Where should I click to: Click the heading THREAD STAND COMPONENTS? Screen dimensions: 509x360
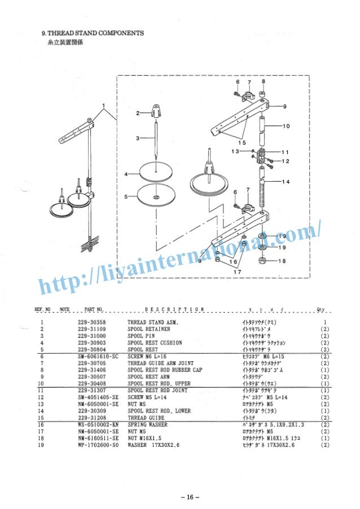click(x=93, y=33)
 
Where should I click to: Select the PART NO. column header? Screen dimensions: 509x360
click(x=94, y=309)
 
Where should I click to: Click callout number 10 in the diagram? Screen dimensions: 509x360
click(x=286, y=125)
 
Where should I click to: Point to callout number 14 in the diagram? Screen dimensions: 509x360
click(x=286, y=182)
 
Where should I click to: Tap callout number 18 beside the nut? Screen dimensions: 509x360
click(x=282, y=261)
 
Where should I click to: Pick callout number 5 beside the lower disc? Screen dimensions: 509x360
click(x=126, y=196)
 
